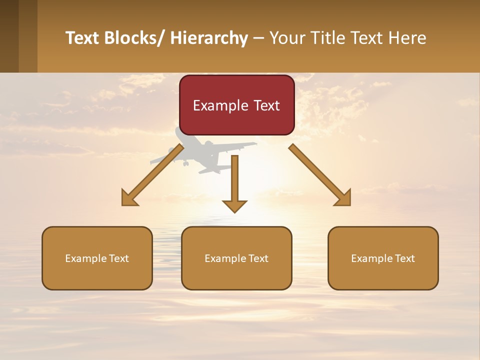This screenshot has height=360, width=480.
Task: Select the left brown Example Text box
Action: [x=97, y=258]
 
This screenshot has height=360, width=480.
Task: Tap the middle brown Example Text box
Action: [x=236, y=258]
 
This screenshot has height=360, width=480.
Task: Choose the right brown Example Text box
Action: [x=383, y=258]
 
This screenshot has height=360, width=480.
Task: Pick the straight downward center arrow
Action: [x=234, y=180]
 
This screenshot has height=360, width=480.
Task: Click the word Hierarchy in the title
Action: [x=209, y=38]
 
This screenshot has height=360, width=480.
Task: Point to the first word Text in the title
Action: [x=83, y=38]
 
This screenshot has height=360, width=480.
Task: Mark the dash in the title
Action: [x=258, y=38]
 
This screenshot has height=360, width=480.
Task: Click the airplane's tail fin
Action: [x=180, y=134]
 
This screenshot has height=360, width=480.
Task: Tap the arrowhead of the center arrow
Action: [x=234, y=205]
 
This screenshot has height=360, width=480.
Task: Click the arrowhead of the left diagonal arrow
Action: [x=129, y=198]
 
